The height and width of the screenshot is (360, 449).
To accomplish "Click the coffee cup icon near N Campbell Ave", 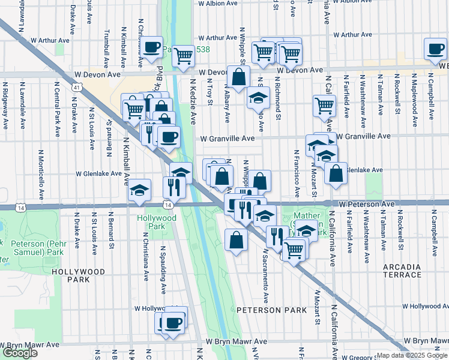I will pos(435,49).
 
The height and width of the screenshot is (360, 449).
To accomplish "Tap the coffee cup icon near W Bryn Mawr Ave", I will pos(174,323).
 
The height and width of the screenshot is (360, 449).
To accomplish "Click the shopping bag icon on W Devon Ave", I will pos(238,77).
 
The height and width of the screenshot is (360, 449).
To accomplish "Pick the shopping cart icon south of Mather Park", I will pos(294,248).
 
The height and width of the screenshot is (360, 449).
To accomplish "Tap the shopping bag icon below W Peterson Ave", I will pos(236,241).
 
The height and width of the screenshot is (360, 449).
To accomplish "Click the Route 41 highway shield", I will pos(76,87).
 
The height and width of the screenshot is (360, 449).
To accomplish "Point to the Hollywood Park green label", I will pos(157,222).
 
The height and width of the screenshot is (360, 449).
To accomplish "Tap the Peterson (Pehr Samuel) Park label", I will pos(37,248).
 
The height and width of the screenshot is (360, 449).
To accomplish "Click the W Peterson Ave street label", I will pos(366,205).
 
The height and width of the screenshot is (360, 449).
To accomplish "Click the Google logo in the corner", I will pos(20,353).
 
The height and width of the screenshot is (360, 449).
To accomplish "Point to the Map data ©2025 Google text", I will pos(411,355).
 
